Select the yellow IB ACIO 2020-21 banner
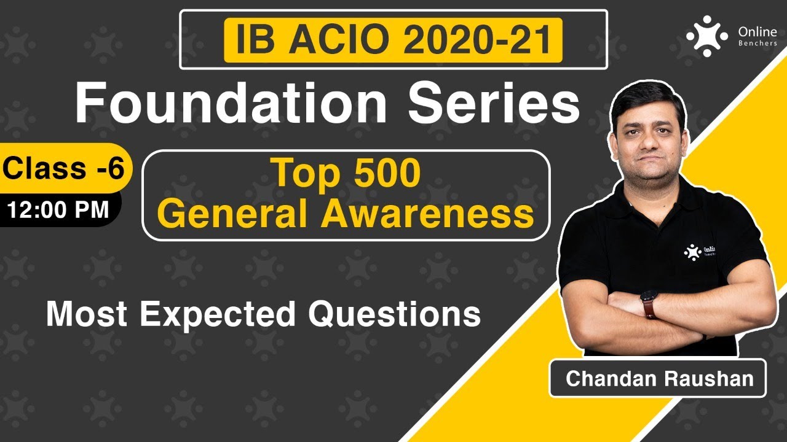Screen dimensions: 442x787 click(393, 40)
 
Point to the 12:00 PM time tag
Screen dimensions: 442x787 click(58, 209)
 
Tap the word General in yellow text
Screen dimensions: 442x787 click(233, 214)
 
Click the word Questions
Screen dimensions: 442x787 click(394, 314)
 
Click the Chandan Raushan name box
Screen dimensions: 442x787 click(659, 378)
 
